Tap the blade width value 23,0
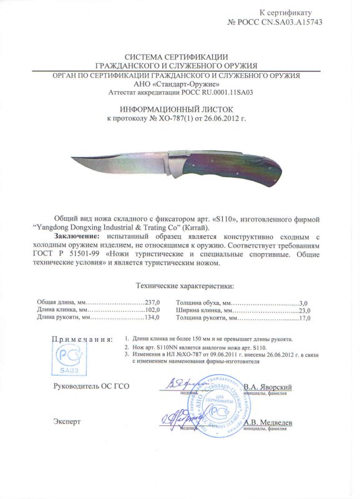pyautogui.click(x=303, y=309)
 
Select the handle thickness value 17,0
pyautogui.click(x=303, y=317)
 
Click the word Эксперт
pyautogui.click(x=68, y=422)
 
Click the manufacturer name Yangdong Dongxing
pyautogui.click(x=85, y=229)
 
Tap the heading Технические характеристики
pyautogui.click(x=180, y=286)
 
